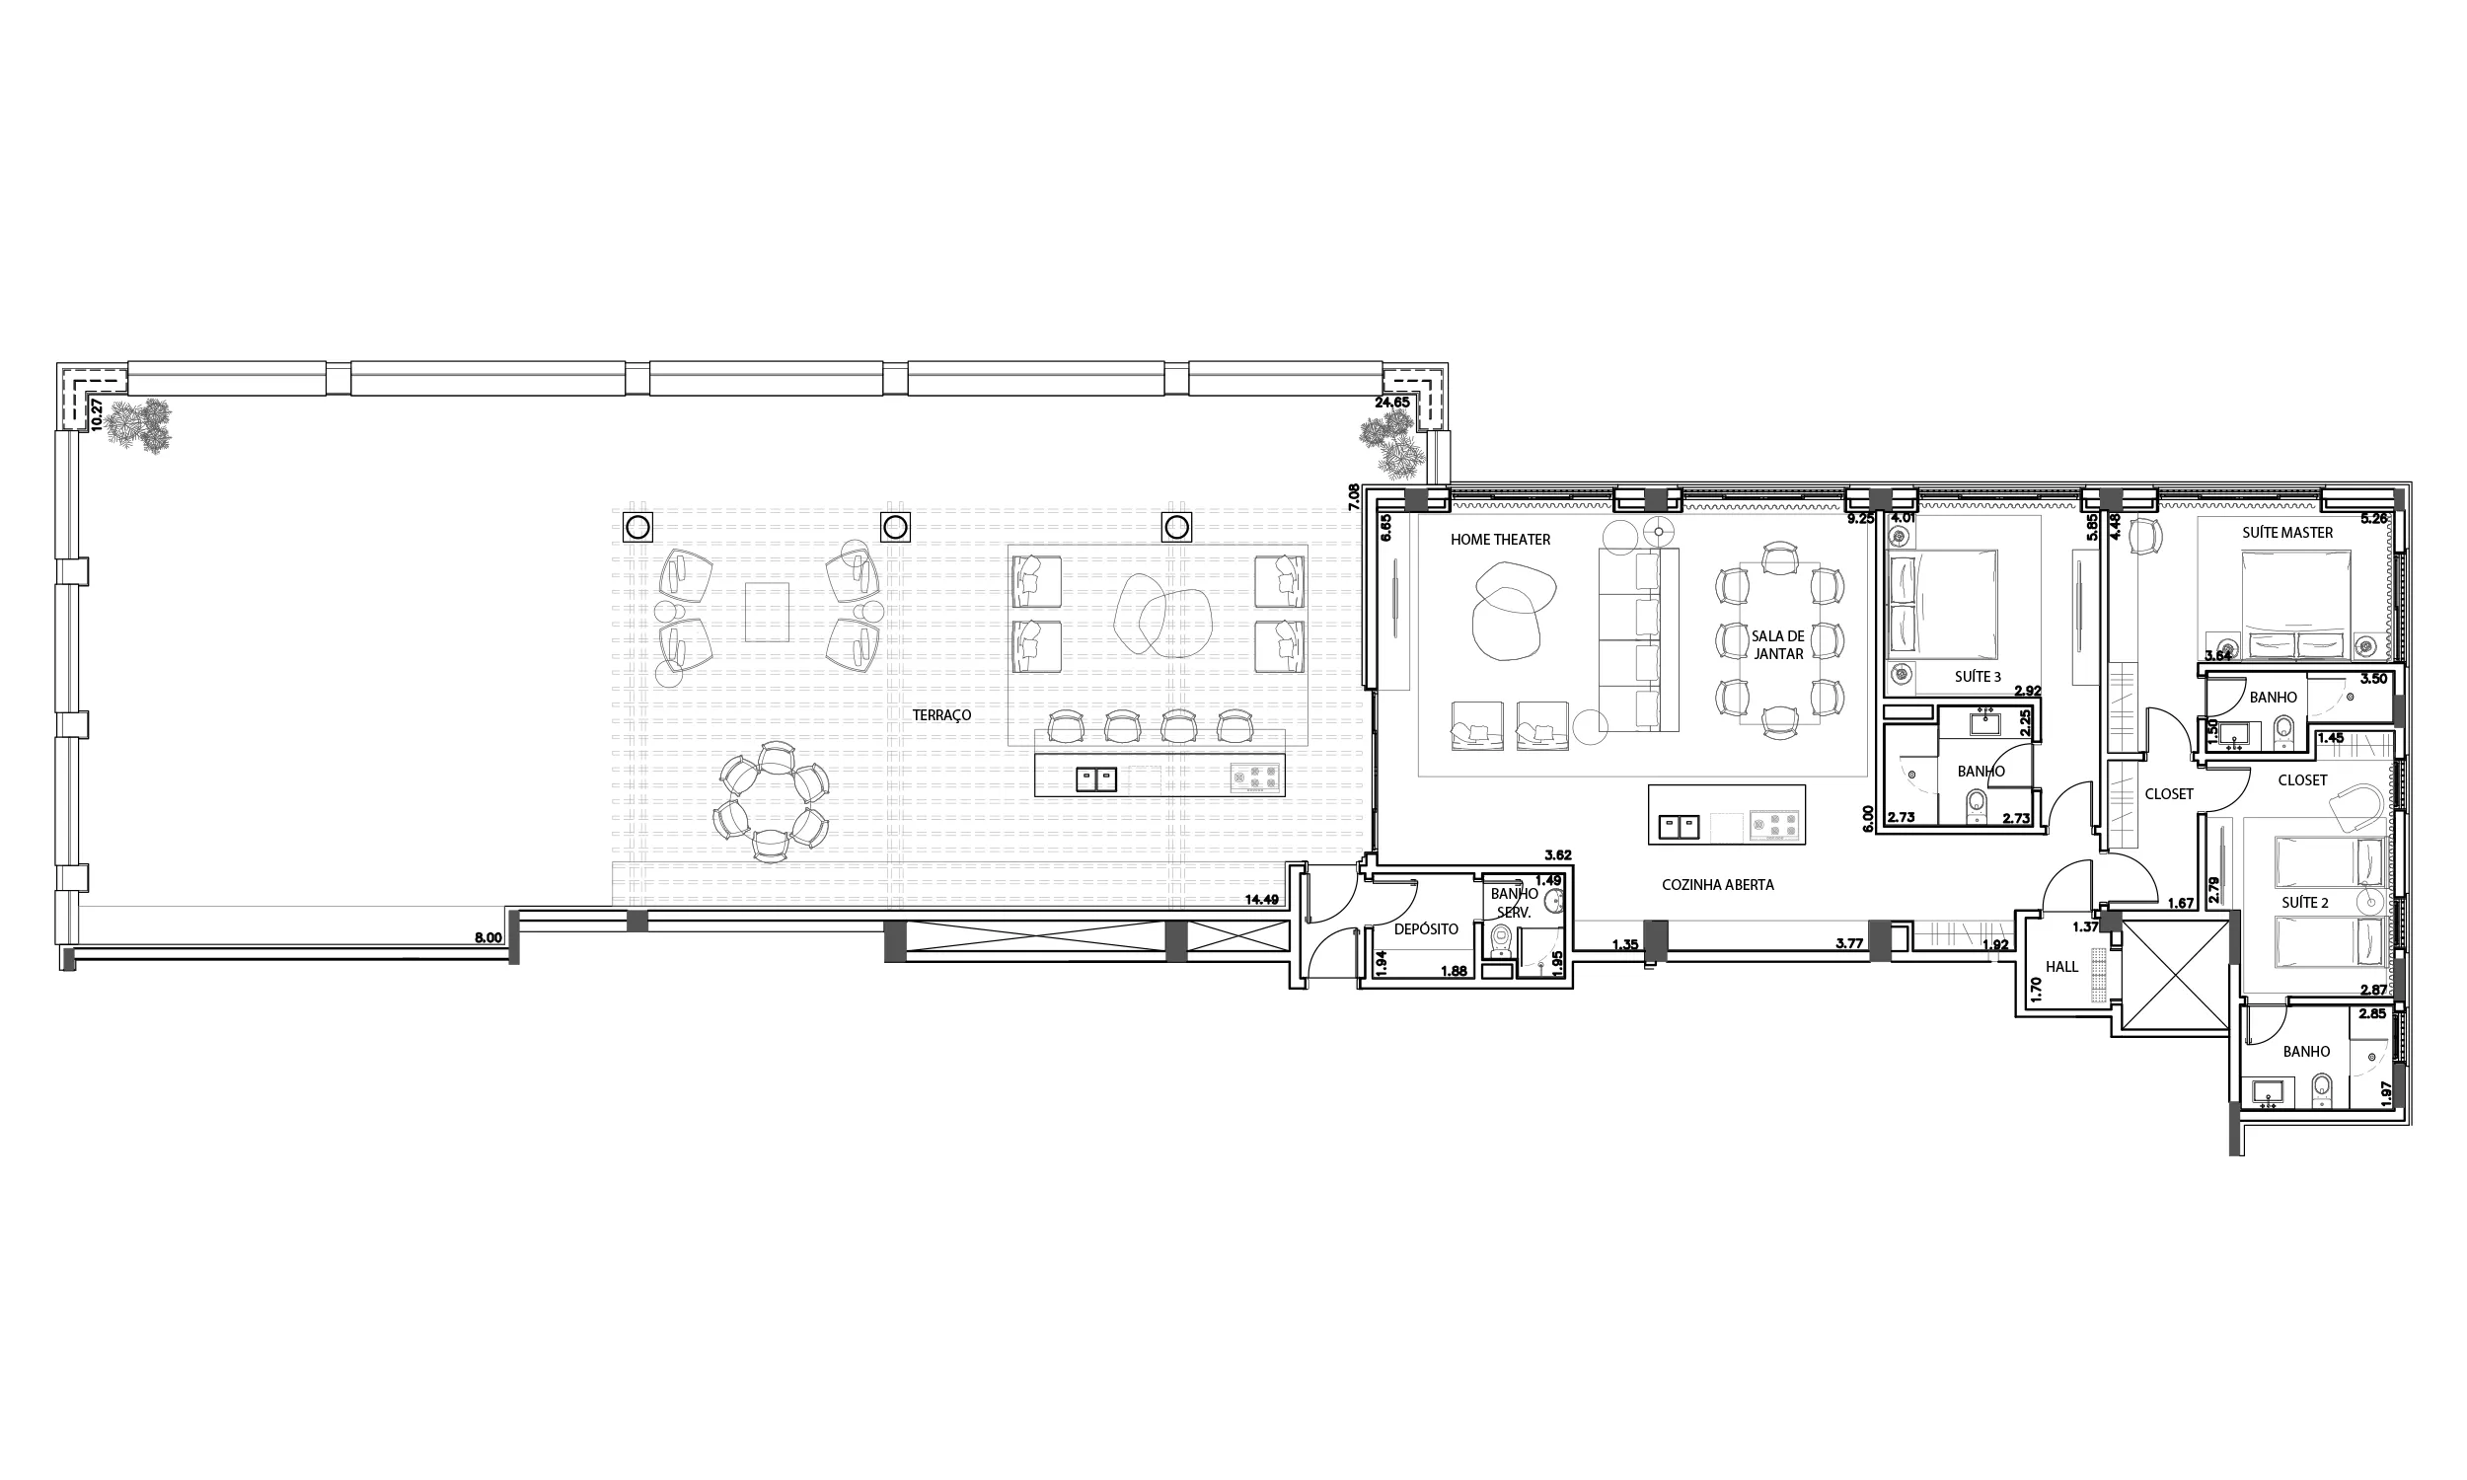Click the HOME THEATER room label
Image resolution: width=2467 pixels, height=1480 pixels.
click(1500, 540)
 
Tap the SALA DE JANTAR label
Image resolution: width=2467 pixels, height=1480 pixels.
click(1778, 644)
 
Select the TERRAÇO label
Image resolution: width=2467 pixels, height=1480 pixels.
click(941, 715)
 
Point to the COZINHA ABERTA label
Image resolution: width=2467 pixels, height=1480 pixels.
click(1717, 885)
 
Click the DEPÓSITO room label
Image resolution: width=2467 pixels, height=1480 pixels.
click(1426, 928)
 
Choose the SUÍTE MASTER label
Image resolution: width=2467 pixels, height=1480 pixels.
click(2287, 533)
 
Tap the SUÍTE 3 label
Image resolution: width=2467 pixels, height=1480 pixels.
click(1978, 677)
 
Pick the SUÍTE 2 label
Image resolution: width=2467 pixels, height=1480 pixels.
click(2305, 903)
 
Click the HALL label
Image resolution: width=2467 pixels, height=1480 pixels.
click(2062, 966)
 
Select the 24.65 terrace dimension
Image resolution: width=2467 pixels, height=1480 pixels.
click(1392, 403)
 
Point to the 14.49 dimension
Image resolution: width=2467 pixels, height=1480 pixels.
click(1261, 899)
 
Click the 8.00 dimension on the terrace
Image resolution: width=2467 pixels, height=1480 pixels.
click(487, 937)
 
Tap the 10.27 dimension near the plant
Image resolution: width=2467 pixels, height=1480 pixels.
click(97, 412)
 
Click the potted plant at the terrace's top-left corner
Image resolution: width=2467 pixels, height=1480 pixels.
click(137, 426)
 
